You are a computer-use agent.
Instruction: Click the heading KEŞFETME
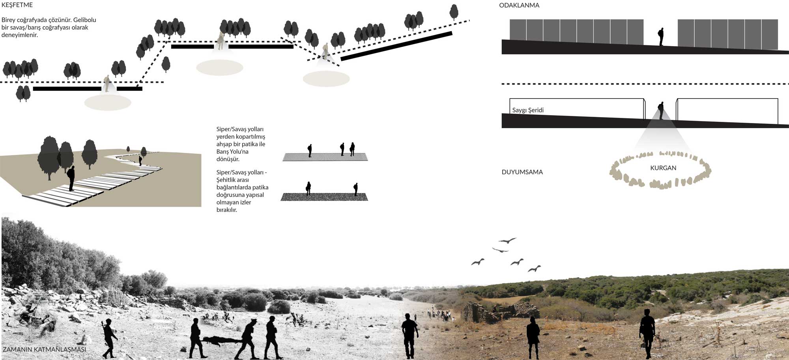17,5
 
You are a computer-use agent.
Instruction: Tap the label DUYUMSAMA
522,172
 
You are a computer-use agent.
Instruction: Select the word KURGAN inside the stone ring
663,168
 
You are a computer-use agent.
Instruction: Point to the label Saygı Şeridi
528,110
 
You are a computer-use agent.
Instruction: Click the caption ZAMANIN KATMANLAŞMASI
44,349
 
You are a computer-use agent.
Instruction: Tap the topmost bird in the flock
507,240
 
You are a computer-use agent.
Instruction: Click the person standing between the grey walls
661,37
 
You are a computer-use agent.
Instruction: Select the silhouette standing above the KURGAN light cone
661,110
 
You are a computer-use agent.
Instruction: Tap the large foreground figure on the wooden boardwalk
71,178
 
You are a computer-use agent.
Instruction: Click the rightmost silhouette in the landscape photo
647,334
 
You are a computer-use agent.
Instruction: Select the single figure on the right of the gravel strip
355,189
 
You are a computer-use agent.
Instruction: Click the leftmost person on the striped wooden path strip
310,151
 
